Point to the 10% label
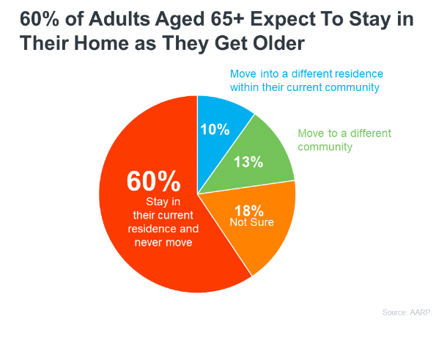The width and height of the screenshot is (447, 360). click(x=215, y=130)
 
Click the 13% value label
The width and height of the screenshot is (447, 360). click(x=248, y=162)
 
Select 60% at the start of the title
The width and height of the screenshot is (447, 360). click(x=34, y=18)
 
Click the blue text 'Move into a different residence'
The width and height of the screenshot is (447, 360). click(x=306, y=74)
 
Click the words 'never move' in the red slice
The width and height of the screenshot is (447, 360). click(x=163, y=241)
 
